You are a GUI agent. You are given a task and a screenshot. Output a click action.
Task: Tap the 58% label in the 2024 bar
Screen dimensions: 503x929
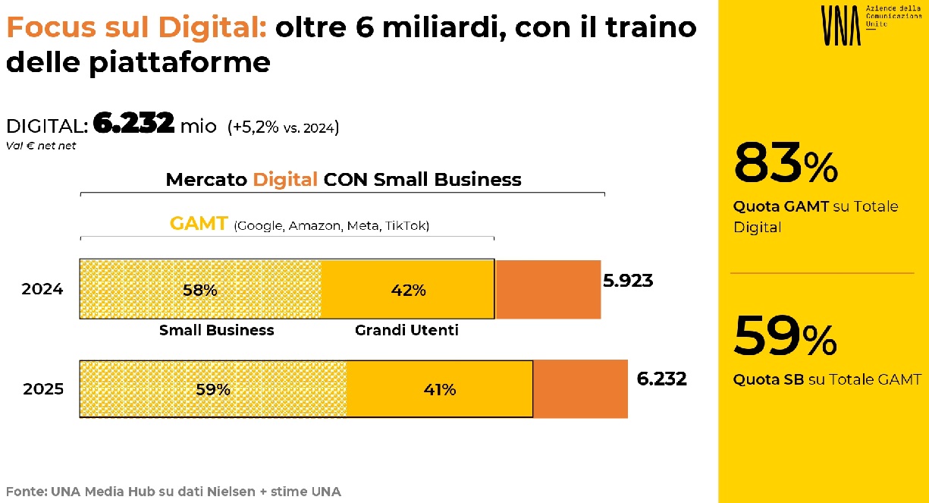(x=200, y=290)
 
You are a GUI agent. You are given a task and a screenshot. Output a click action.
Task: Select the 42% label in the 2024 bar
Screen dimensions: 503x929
(x=409, y=290)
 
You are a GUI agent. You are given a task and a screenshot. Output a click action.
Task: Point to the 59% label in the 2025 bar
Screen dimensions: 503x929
(x=213, y=390)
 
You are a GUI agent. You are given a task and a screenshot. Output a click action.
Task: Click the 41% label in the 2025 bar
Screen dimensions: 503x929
(x=439, y=390)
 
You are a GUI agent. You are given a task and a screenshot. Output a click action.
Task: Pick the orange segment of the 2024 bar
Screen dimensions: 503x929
(x=548, y=289)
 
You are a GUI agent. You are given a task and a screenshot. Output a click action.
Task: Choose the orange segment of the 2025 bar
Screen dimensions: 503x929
(x=580, y=389)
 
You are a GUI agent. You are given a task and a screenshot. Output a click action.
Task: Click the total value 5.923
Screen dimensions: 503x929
(x=628, y=281)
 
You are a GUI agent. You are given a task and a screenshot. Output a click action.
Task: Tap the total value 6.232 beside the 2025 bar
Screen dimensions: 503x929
(x=661, y=379)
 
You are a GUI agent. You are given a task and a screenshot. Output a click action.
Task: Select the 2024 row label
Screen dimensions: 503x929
(x=42, y=290)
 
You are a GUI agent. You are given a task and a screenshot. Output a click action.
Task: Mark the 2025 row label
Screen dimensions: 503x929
(x=43, y=390)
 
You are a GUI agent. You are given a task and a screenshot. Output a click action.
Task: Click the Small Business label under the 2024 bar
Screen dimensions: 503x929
(x=216, y=331)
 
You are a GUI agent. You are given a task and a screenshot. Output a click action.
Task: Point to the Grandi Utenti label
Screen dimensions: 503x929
(x=406, y=331)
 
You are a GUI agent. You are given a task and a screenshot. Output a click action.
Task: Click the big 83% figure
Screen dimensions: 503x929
(x=786, y=165)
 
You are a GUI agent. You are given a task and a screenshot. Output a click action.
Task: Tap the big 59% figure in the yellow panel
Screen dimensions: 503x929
(x=786, y=336)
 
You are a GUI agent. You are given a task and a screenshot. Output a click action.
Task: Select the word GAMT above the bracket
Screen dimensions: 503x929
(x=199, y=225)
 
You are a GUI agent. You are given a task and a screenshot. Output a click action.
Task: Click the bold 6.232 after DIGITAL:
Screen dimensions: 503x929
(x=133, y=124)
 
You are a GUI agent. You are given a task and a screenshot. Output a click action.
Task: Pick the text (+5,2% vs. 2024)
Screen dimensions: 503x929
(x=283, y=127)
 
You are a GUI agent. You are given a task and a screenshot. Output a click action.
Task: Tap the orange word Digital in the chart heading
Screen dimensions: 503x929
(x=285, y=180)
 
